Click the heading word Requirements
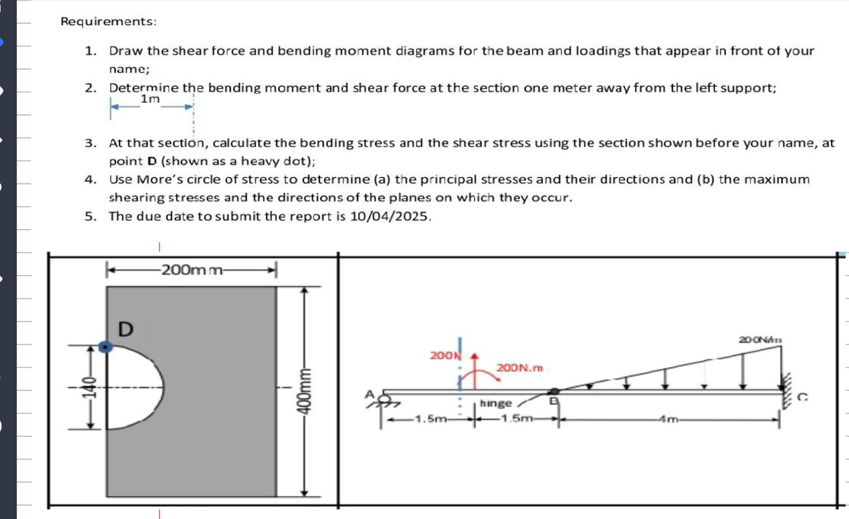[x=108, y=22]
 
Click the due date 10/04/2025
[x=390, y=216]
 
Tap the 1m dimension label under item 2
[x=150, y=99]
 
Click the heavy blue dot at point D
[x=105, y=347]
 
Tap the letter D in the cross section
[x=126, y=329]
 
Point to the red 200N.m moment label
[x=520, y=368]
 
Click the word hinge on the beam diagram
[x=496, y=403]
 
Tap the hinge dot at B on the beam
[x=554, y=391]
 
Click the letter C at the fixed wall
[x=802, y=398]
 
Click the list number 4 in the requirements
[x=90, y=180]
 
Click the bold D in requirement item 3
[x=152, y=161]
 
